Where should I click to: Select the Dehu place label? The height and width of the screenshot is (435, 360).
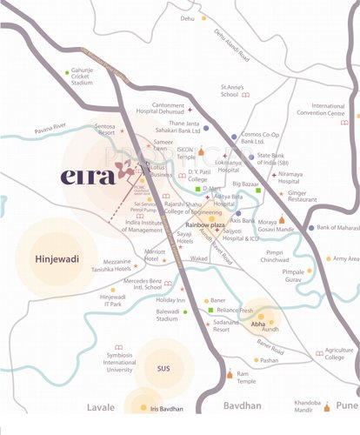pyautogui.click(x=187, y=17)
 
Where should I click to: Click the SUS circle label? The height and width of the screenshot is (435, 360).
pyautogui.click(x=163, y=368)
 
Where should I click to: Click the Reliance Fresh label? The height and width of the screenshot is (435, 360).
pyautogui.click(x=234, y=310)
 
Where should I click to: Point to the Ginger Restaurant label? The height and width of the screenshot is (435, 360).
pyautogui.click(x=306, y=197)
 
